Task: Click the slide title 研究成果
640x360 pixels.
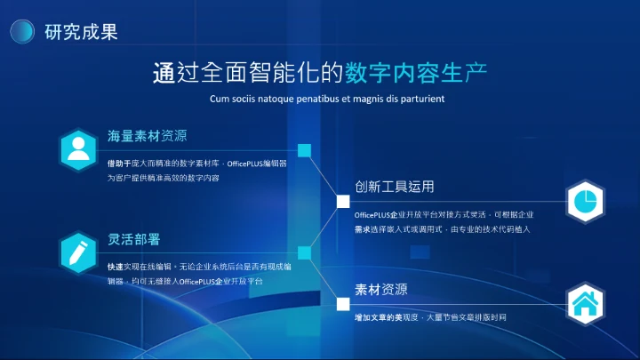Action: tap(81, 32)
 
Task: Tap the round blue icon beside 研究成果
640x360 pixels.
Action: tap(22, 32)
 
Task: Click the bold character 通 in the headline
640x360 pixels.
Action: tap(163, 73)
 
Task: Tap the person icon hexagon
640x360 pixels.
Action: tap(79, 148)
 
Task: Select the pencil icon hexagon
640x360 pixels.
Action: tap(79, 252)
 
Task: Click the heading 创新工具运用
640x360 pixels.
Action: tap(394, 188)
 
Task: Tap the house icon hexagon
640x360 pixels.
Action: tap(584, 304)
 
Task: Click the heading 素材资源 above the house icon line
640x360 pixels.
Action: tap(381, 290)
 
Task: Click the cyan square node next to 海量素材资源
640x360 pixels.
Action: tap(304, 150)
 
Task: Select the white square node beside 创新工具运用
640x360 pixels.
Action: tap(342, 202)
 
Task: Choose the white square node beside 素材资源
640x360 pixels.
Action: tap(342, 304)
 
